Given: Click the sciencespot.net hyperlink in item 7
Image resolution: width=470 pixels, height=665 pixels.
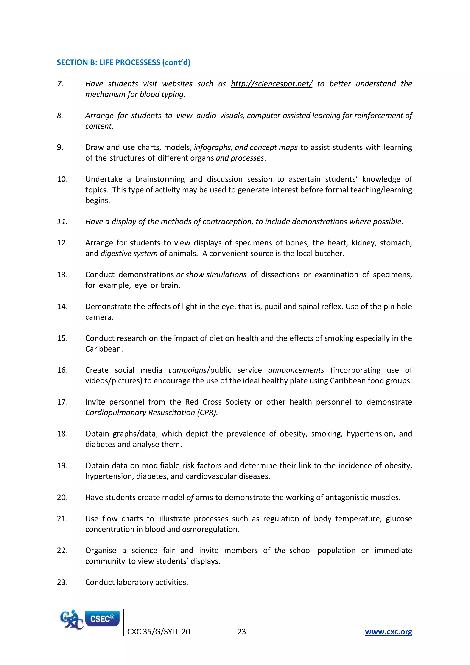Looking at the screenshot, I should click(x=271, y=84).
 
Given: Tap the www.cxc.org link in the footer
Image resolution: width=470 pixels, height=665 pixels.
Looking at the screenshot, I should click(x=388, y=632).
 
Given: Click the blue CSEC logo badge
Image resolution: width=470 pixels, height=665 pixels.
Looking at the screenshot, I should click(x=102, y=619).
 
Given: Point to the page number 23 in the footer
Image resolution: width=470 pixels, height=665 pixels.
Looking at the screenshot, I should click(x=241, y=632).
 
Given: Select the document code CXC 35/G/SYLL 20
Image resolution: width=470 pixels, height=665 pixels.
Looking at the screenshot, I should click(x=159, y=632).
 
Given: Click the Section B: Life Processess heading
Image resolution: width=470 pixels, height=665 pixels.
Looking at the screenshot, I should click(x=123, y=62).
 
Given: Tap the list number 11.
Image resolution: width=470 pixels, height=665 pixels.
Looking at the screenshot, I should click(x=62, y=222).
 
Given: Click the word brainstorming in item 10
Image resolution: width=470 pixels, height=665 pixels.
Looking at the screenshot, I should click(x=160, y=179).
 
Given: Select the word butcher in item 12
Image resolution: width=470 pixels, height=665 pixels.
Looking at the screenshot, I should click(x=329, y=254).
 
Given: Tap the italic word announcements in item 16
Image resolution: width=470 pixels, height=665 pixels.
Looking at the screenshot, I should click(x=296, y=370).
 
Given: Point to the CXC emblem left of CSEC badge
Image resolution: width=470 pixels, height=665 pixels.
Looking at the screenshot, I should click(x=71, y=620).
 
